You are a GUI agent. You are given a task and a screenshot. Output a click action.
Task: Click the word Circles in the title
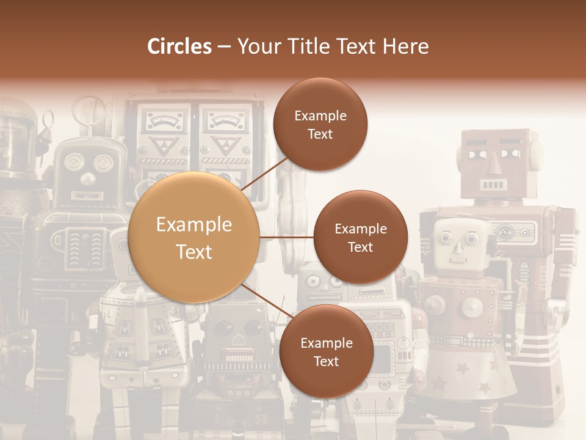click(x=179, y=46)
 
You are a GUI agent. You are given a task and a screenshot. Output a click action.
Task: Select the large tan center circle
click(x=194, y=238)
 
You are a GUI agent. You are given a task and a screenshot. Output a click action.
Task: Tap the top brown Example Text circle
click(x=320, y=124)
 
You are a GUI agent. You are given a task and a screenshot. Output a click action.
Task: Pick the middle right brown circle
click(x=360, y=237)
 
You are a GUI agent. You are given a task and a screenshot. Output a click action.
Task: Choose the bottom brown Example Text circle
click(x=326, y=351)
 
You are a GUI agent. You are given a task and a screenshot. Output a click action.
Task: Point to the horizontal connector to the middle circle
click(x=286, y=237)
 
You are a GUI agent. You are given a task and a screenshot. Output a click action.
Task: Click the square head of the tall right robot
click(x=494, y=162)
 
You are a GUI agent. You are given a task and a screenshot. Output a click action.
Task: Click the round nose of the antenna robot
click(x=89, y=178)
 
